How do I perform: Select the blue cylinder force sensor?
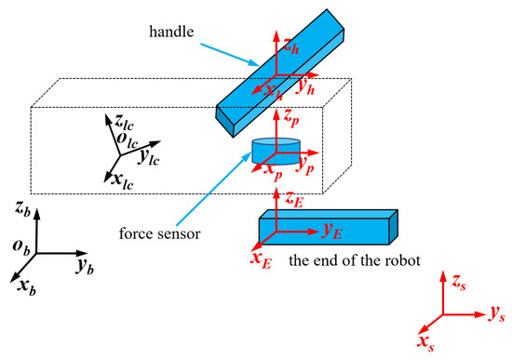pos(276,152)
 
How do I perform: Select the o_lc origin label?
pos(115,140)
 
